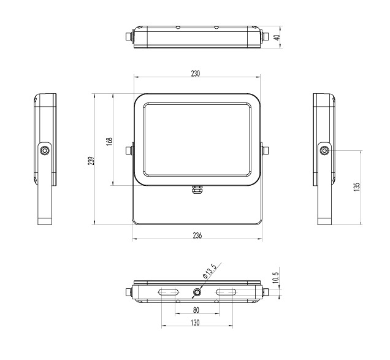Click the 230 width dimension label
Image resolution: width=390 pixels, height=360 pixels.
pos(196,73)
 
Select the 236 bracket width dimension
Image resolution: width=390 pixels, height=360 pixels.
pos(197,236)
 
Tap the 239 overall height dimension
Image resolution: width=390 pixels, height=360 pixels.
pos(91,161)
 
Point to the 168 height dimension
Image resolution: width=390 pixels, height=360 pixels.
pos(109,140)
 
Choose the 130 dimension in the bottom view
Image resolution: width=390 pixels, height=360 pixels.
pos(196,323)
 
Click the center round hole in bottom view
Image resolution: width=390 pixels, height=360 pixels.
pos(197,293)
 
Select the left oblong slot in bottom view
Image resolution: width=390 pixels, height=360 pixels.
pos(168,293)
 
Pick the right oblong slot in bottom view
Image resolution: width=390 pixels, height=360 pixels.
pos(225,293)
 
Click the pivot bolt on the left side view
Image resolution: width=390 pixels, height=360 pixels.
pos(44,150)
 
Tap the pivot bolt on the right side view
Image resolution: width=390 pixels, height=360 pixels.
pos(324,150)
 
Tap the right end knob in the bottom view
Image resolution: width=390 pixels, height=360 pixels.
pos(265,293)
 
